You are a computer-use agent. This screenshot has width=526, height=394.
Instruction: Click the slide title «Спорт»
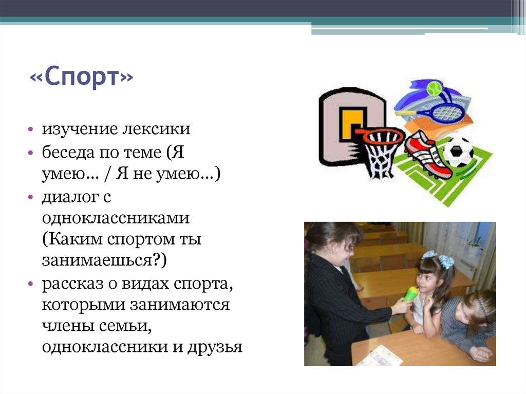(x=82, y=79)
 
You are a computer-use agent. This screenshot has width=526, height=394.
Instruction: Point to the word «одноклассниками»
(x=117, y=218)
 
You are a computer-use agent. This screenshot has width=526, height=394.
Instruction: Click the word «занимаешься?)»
(x=104, y=261)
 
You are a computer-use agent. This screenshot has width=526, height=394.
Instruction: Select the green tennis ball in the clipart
(x=434, y=87)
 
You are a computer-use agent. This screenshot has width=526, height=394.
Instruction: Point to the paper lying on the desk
(x=380, y=355)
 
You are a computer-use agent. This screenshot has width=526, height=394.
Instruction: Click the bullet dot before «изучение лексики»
(x=32, y=129)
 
